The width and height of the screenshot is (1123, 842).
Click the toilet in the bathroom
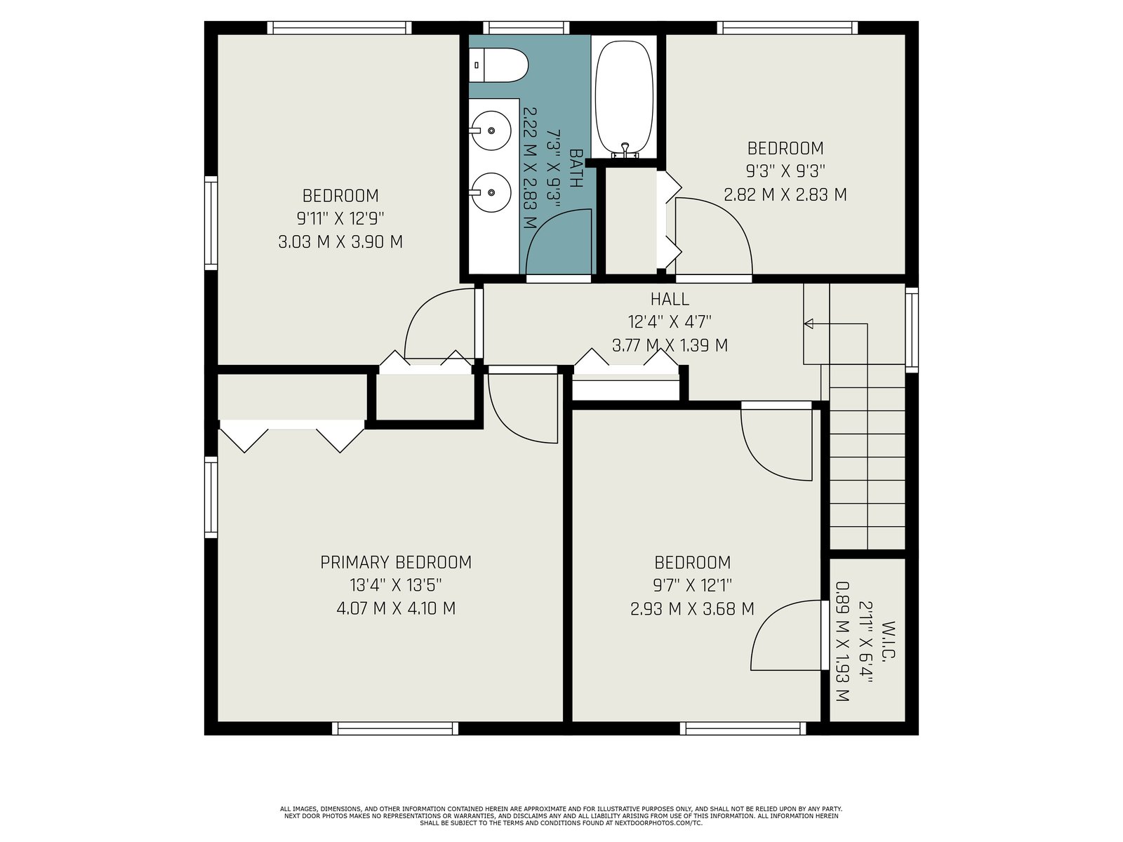(498, 65)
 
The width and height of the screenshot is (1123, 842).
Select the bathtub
(624, 99)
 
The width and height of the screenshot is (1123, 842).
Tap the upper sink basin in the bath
(491, 131)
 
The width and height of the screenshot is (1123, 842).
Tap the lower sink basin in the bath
(491, 192)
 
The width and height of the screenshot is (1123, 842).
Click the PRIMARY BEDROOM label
(395, 562)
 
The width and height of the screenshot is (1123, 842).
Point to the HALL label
(670, 299)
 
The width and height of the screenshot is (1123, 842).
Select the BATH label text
(576, 168)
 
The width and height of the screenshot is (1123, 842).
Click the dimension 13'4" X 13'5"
(395, 584)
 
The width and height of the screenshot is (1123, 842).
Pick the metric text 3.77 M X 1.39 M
(670, 346)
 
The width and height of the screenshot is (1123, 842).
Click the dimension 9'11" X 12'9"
(340, 218)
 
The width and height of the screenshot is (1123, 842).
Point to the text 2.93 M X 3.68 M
(692, 609)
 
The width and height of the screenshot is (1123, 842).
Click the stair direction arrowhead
(809, 323)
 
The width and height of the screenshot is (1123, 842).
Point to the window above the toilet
(526, 27)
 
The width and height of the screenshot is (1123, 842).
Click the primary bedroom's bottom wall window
(395, 728)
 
